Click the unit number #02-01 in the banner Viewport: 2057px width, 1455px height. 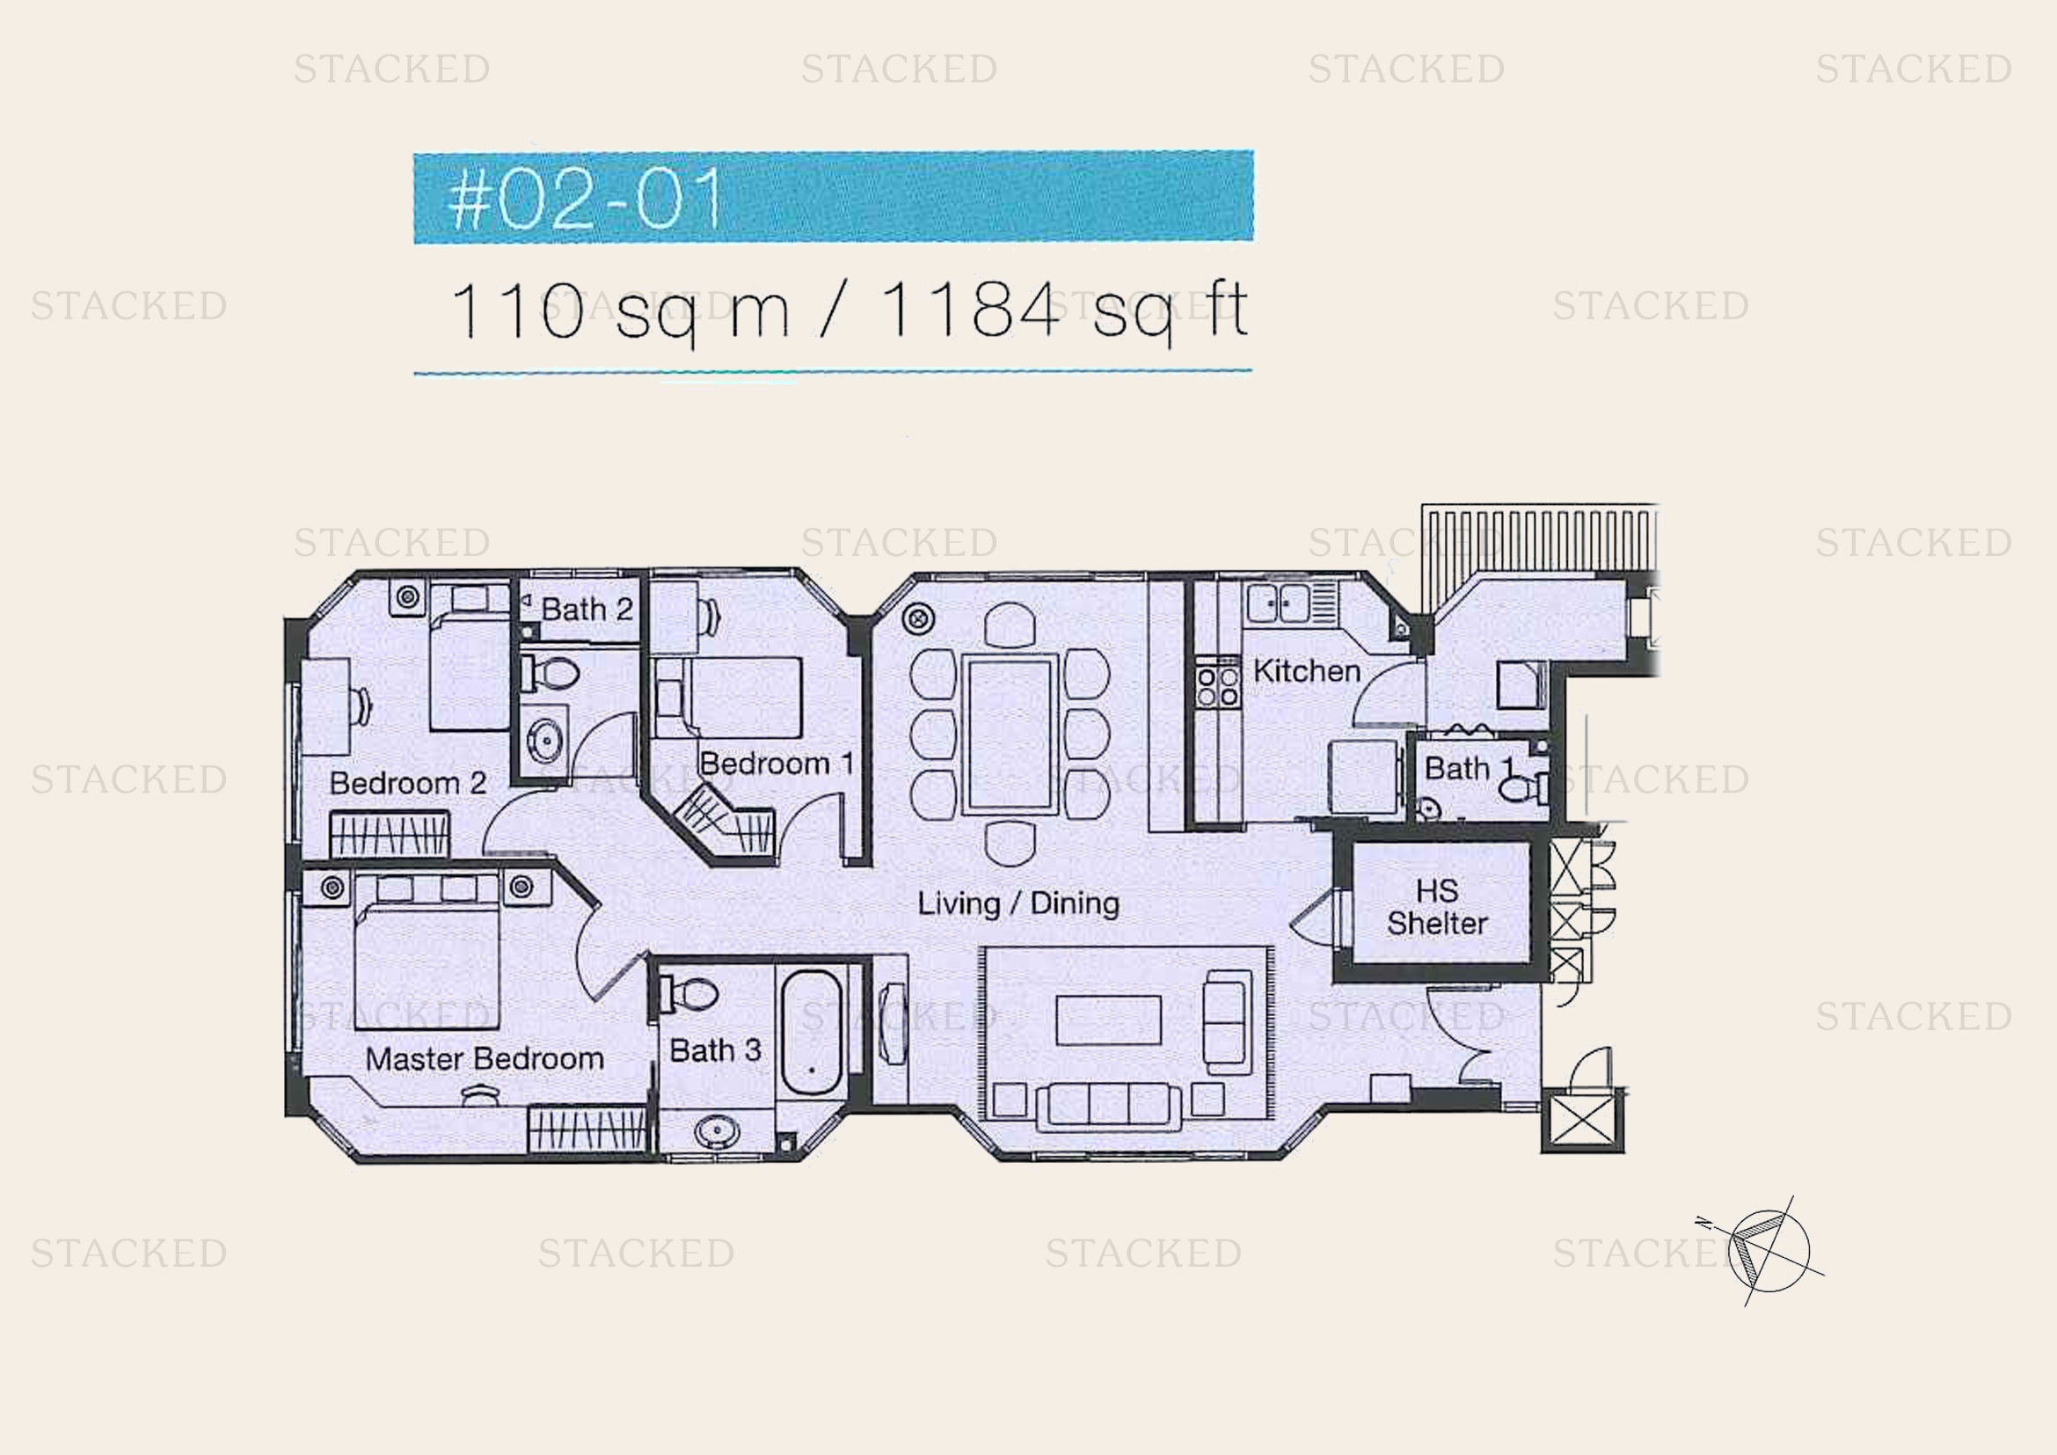tap(586, 198)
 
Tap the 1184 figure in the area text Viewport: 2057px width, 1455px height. tap(970, 310)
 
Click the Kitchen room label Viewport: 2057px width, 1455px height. tap(1306, 670)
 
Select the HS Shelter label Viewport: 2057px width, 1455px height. tap(1437, 907)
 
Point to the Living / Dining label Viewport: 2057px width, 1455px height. tap(1018, 903)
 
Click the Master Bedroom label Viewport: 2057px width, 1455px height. tap(485, 1059)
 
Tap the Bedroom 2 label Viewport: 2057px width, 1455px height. tap(408, 783)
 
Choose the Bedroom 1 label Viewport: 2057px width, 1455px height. tap(777, 764)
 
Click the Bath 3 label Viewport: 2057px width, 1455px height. tap(715, 1050)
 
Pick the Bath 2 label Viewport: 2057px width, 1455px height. tap(587, 610)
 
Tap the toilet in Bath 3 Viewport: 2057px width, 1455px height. tap(689, 993)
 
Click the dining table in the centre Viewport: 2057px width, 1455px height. tap(1010, 735)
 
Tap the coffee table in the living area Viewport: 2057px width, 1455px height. tap(1108, 1020)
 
